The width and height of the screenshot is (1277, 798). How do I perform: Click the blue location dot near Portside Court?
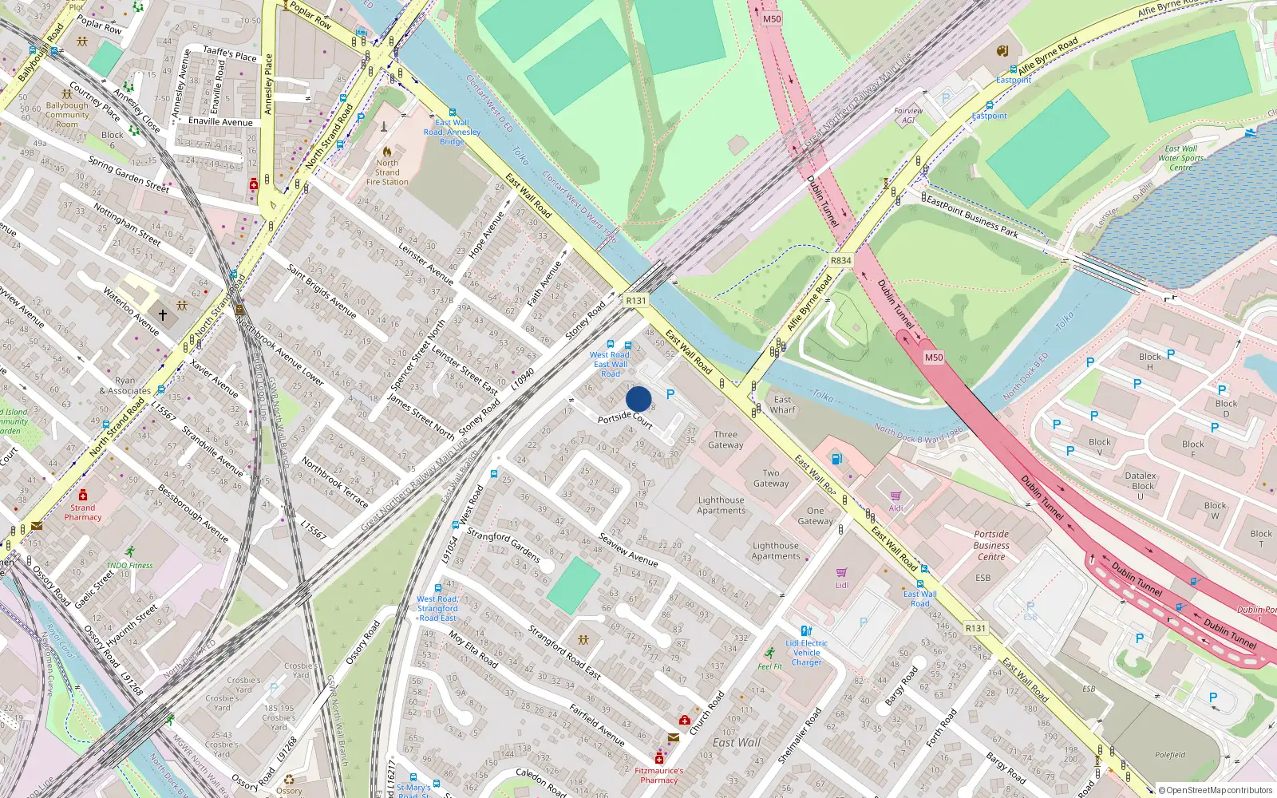point(638,399)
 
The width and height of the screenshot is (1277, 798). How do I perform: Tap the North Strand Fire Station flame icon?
point(387,151)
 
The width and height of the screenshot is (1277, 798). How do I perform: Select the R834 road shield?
point(840,261)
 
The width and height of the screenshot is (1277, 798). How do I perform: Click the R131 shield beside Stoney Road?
point(636,301)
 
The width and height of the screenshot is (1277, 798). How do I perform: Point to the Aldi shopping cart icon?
point(895,496)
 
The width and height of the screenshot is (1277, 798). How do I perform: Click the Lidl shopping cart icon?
point(841,572)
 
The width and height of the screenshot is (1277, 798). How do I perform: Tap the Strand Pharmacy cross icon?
point(82,496)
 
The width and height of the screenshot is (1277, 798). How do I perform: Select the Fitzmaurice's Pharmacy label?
point(658,776)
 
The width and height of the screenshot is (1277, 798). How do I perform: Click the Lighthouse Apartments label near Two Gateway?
point(721,505)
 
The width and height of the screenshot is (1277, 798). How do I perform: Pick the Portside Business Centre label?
point(991,545)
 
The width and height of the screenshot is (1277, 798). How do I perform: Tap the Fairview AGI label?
point(908,116)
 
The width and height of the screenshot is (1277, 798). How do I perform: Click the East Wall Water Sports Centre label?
point(1180,158)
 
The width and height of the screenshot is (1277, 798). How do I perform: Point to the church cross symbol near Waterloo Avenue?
point(163,315)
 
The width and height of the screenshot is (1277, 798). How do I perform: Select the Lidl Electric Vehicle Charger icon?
point(806,630)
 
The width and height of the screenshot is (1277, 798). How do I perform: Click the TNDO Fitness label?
point(129,565)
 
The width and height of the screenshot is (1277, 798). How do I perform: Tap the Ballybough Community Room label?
point(67,115)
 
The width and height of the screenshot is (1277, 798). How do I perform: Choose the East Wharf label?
point(782,405)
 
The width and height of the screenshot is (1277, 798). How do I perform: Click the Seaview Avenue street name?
point(628,550)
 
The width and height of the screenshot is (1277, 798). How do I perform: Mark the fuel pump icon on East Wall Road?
point(836,459)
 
